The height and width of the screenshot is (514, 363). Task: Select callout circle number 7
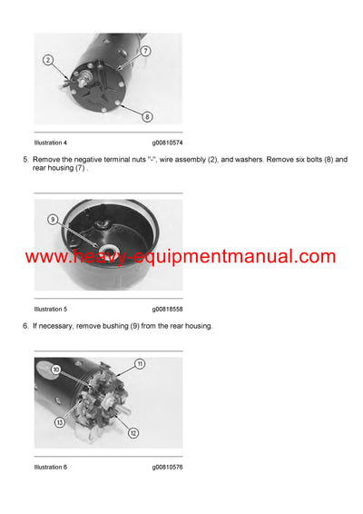[146, 51]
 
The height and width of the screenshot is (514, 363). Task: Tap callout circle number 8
[147, 115]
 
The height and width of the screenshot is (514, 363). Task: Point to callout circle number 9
[53, 219]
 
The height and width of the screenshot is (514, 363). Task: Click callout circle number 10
[56, 371]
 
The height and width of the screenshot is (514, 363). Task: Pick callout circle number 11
[140, 363]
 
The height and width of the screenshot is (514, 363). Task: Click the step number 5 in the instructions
[25, 160]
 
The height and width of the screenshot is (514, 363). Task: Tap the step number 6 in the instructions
[25, 325]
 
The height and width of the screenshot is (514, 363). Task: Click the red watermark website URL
[181, 257]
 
